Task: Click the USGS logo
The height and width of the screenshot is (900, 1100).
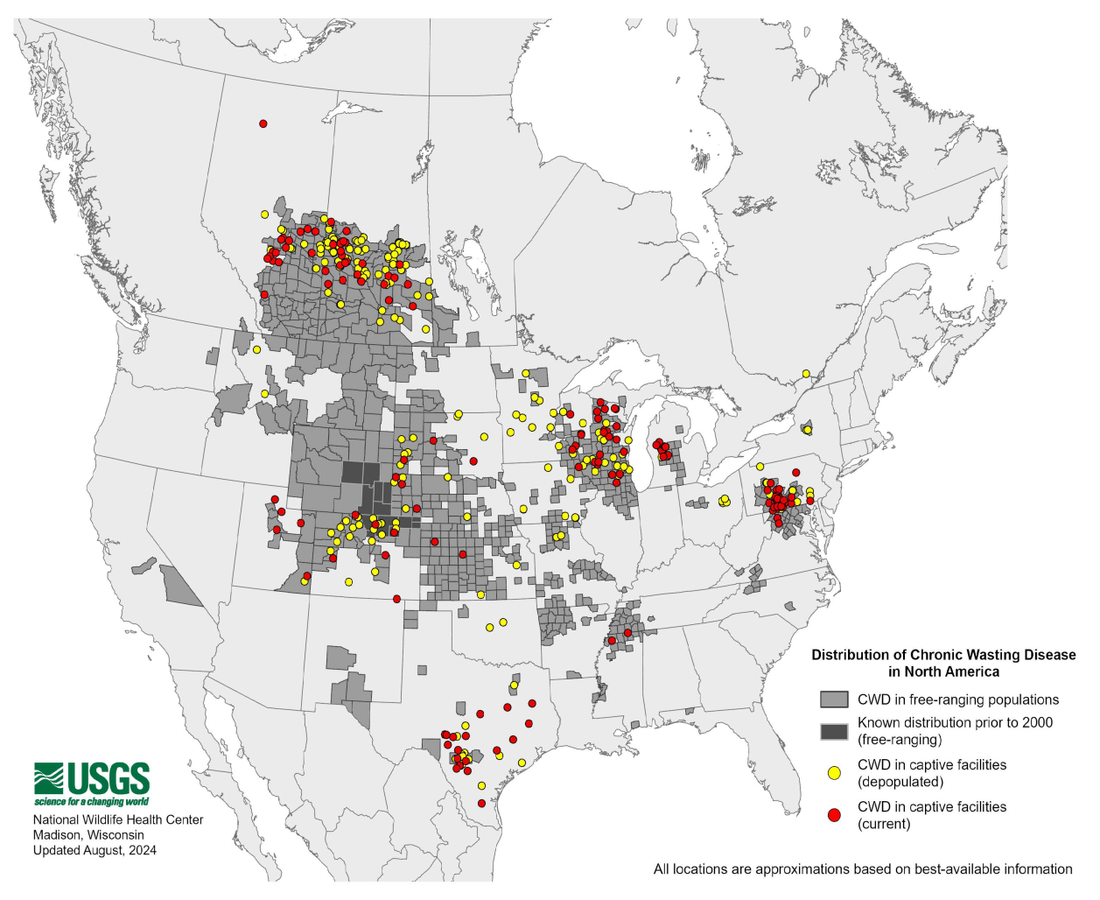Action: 92,778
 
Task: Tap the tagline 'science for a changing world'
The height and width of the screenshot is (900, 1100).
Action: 92,801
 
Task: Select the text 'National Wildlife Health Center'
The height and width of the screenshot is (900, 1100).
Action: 118,819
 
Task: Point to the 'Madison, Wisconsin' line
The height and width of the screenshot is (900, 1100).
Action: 88,834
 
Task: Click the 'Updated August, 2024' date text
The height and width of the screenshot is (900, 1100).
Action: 95,849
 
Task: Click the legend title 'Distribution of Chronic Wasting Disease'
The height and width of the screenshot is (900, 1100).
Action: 943,655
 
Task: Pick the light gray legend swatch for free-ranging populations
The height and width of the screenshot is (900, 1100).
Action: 834,700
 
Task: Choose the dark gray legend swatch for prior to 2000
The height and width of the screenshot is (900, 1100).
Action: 834,731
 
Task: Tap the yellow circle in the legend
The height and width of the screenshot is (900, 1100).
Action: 834,773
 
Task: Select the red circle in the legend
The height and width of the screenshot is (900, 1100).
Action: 834,815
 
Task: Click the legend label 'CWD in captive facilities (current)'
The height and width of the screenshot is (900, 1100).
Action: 931,815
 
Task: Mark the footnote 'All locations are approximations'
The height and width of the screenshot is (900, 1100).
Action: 862,868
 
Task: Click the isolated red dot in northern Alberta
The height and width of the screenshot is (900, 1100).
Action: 263,124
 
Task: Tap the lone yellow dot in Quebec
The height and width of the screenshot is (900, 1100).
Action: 806,374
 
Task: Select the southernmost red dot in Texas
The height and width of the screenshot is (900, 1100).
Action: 481,803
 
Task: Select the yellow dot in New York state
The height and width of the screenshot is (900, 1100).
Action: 807,430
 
